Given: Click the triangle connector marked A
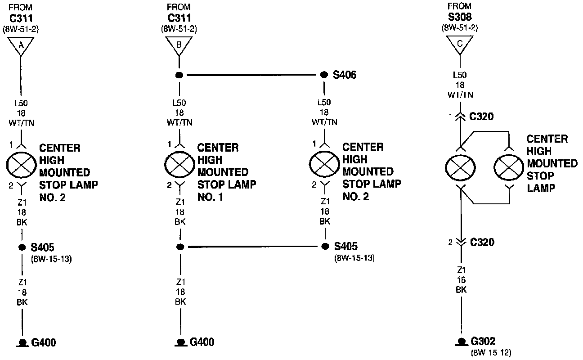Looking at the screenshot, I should point(21,45).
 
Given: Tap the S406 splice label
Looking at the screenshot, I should point(344,75).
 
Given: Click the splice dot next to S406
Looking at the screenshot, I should point(323,75).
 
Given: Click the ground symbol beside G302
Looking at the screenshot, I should point(460,342).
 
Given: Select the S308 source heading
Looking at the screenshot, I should point(460,18).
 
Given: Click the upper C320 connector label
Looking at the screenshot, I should point(481,117).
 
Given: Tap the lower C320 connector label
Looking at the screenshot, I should point(481,243).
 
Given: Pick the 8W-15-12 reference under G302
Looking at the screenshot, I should point(491,352).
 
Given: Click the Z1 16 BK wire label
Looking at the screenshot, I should point(460,280).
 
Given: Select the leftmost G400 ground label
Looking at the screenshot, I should point(44,342).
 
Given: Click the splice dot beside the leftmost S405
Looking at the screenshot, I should point(21,247).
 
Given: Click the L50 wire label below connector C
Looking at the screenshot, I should point(460,85).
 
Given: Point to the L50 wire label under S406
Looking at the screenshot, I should point(324,112).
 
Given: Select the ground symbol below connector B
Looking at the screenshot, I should point(180,342).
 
